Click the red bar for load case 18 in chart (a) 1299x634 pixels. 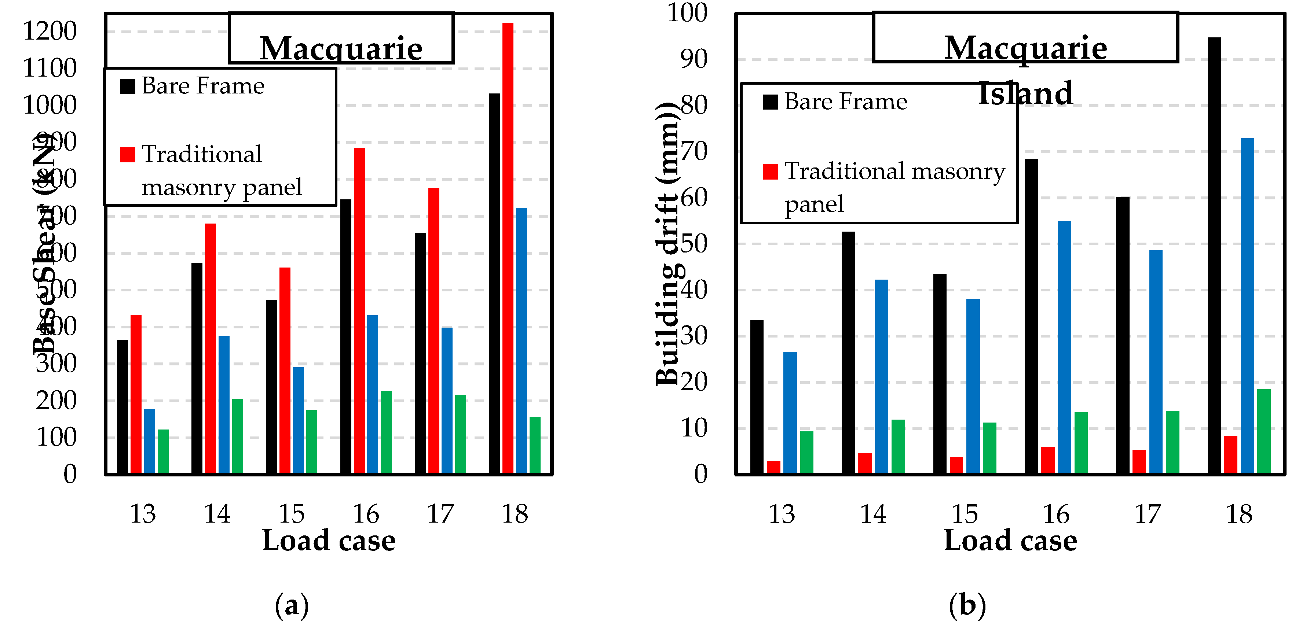pyautogui.click(x=508, y=247)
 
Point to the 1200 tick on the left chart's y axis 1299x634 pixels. pyautogui.click(x=50, y=31)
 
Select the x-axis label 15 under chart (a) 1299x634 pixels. pyautogui.click(x=292, y=514)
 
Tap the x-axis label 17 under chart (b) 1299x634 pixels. pyautogui.click(x=1147, y=515)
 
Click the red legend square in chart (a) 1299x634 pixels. pyautogui.click(x=128, y=154)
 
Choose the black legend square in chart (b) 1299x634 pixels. pyautogui.click(x=771, y=102)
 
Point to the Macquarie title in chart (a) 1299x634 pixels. pyautogui.click(x=341, y=48)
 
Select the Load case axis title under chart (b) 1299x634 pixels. pyautogui.click(x=1010, y=541)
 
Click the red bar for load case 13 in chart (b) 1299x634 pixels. pyautogui.click(x=773, y=467)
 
